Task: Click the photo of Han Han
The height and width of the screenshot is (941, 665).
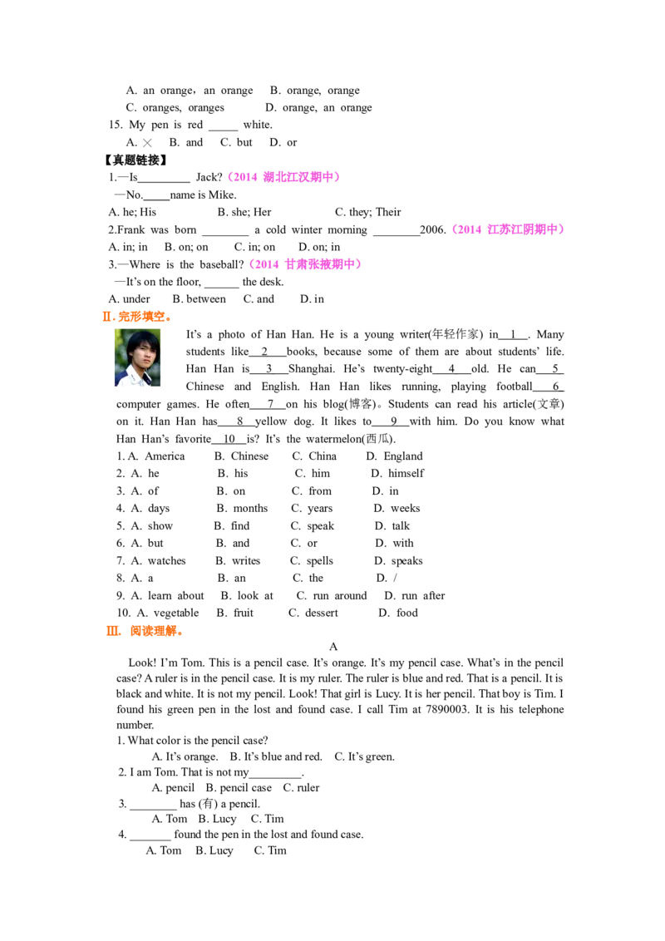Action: point(137,357)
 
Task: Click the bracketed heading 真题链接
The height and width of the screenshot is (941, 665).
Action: point(135,160)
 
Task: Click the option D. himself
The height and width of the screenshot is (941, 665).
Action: point(397,474)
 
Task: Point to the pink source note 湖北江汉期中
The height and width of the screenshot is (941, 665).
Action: point(286,177)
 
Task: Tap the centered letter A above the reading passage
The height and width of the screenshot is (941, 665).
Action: point(333,647)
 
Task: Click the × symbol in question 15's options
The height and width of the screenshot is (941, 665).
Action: point(147,143)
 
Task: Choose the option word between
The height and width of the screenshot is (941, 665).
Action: point(206,299)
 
